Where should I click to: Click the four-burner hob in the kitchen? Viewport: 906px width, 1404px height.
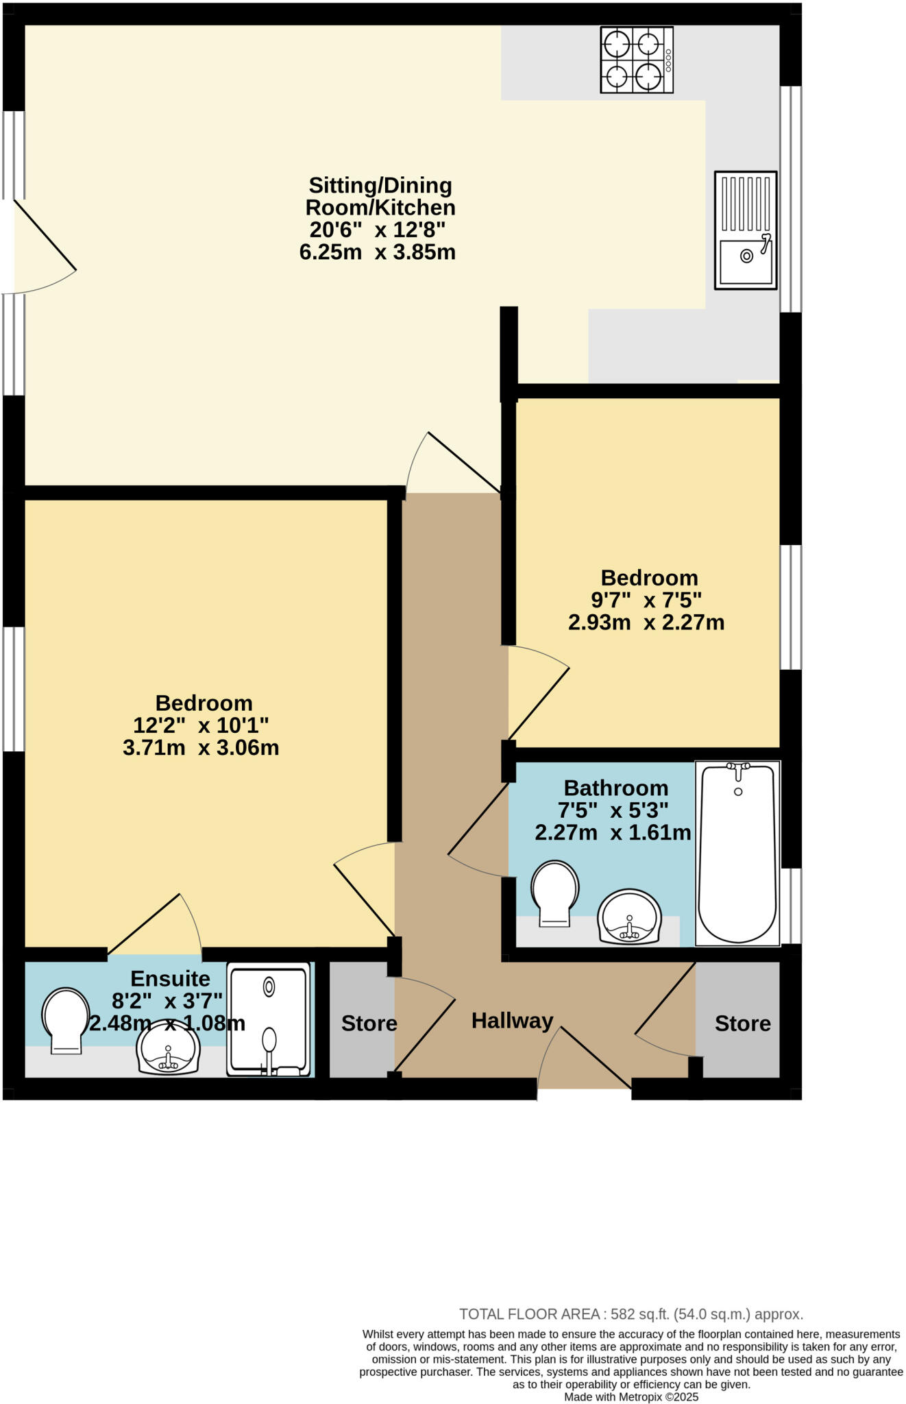pos(636,60)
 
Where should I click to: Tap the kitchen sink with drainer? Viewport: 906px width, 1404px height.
pos(746,230)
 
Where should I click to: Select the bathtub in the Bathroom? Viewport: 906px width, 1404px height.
pos(738,854)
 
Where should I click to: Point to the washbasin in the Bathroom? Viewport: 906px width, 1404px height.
pos(629,917)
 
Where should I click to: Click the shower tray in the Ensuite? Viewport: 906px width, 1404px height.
pos(269,1019)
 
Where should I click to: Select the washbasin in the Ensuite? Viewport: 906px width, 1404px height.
pos(168,1047)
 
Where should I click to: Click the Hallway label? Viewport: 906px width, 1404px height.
pos(512,1021)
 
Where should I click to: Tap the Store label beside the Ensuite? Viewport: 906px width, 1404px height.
pos(369,1024)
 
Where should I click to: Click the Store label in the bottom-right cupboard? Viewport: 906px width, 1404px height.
pos(742,1024)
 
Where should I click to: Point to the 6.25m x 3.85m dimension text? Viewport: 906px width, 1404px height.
pos(377,252)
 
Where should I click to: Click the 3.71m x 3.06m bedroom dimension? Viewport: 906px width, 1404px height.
pos(201,747)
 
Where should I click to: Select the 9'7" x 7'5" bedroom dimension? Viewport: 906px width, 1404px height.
pos(646,600)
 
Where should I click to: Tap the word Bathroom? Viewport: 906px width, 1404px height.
pos(615,788)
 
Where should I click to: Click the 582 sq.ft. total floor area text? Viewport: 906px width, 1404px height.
pos(630,1314)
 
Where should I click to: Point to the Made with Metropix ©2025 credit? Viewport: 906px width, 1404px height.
pos(630,1396)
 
